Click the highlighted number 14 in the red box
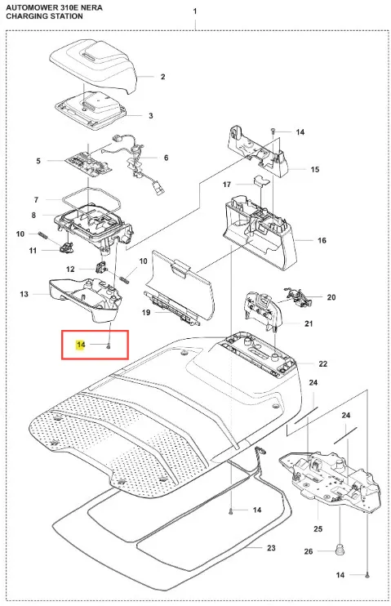click(81, 345)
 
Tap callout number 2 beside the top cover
click(162, 77)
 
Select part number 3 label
click(151, 115)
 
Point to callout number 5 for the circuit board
click(38, 161)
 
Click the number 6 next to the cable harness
click(167, 158)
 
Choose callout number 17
click(227, 185)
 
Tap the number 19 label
click(145, 312)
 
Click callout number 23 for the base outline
click(271, 548)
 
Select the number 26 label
click(309, 551)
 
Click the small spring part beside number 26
click(340, 550)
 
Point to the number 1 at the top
click(195, 11)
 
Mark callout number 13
click(24, 294)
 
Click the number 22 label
click(323, 363)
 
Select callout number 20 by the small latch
click(331, 297)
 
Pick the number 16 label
click(322, 240)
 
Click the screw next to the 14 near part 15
click(273, 131)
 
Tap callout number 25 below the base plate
click(318, 528)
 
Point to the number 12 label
click(70, 269)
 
